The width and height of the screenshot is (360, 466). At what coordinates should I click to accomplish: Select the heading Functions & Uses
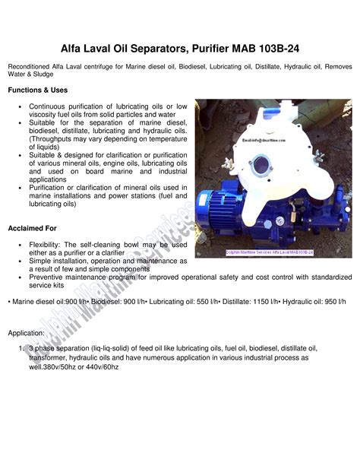tap(38, 90)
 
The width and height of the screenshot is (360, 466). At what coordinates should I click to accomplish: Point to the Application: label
tap(27, 333)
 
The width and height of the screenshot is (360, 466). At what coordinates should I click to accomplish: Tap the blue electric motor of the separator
tap(221, 211)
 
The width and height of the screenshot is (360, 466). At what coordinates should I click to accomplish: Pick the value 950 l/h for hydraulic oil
tap(332, 303)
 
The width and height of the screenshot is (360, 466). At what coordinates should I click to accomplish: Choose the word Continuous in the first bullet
tap(49, 107)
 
